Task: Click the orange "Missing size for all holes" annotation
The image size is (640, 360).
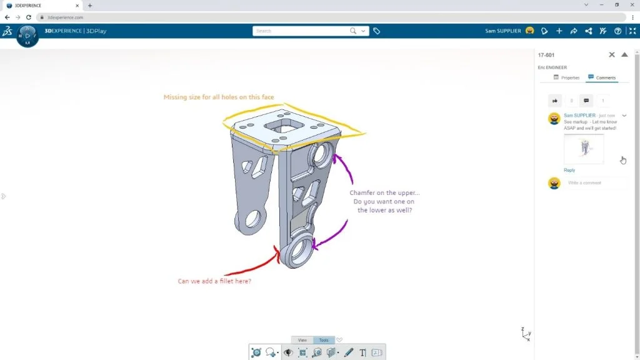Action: (x=218, y=97)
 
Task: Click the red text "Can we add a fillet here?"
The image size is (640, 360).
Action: (x=214, y=281)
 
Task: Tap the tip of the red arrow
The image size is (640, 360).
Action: (x=278, y=250)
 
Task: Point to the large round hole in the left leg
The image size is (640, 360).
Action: (x=253, y=218)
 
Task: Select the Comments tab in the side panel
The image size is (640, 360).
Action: (x=602, y=77)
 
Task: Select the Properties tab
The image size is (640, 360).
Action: (x=567, y=77)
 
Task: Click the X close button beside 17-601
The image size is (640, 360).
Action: (x=612, y=55)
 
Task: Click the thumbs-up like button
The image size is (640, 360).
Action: (x=555, y=101)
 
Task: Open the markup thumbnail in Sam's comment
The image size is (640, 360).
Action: (x=584, y=149)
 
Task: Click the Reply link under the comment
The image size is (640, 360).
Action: (x=569, y=170)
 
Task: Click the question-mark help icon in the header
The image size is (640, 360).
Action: (x=618, y=31)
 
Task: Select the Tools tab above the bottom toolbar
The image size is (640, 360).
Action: (x=324, y=340)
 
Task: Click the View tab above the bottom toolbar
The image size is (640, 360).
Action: (x=302, y=340)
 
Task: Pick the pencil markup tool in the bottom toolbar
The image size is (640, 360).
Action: (x=349, y=352)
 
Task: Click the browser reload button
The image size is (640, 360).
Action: (x=28, y=17)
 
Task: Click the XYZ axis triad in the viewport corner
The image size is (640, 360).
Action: (x=526, y=334)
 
